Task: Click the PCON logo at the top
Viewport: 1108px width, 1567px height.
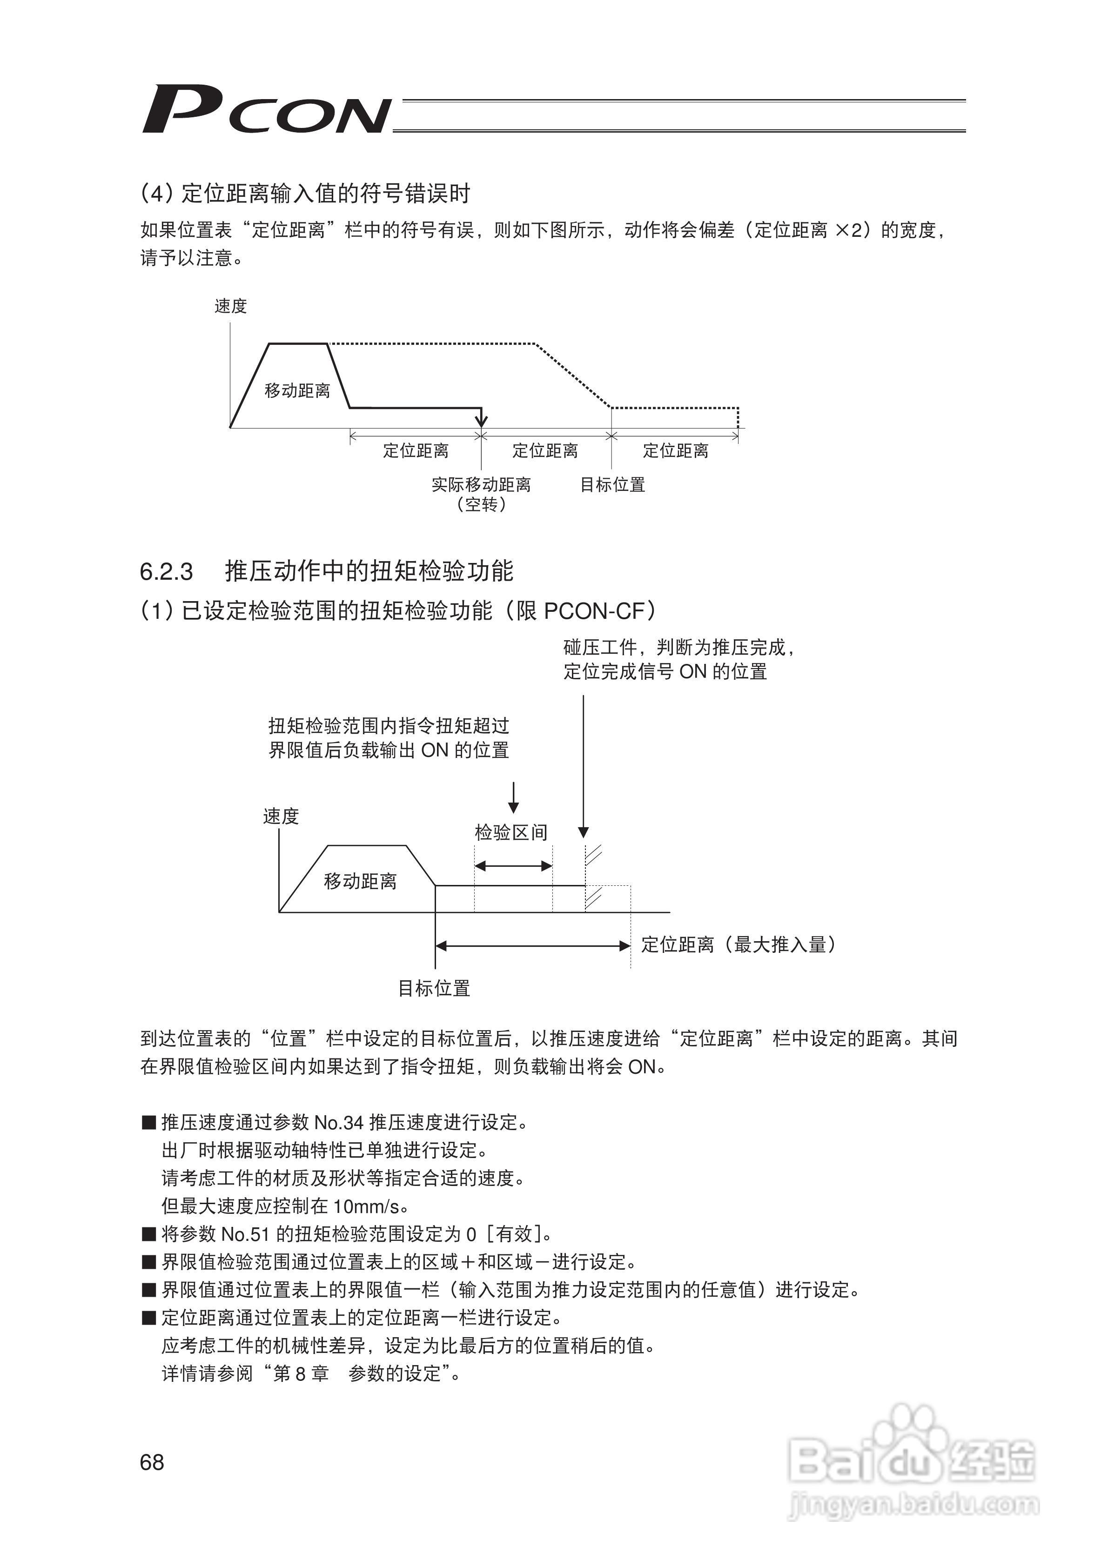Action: tap(266, 109)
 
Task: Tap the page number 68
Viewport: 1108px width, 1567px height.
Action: tap(152, 1462)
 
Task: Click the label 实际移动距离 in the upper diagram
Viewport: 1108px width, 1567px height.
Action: tap(481, 484)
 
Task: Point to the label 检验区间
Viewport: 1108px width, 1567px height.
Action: tap(511, 833)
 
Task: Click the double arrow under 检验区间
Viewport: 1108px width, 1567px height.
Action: tap(513, 866)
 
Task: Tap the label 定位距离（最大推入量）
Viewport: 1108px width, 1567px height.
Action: tap(739, 945)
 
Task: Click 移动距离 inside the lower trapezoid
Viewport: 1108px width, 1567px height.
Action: tap(361, 882)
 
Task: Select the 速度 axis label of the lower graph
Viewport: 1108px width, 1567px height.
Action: tap(281, 816)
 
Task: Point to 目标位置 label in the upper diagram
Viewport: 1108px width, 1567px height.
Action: tap(612, 484)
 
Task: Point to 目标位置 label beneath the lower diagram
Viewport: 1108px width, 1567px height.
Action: tap(434, 988)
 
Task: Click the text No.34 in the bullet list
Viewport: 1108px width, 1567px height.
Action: tap(339, 1123)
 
